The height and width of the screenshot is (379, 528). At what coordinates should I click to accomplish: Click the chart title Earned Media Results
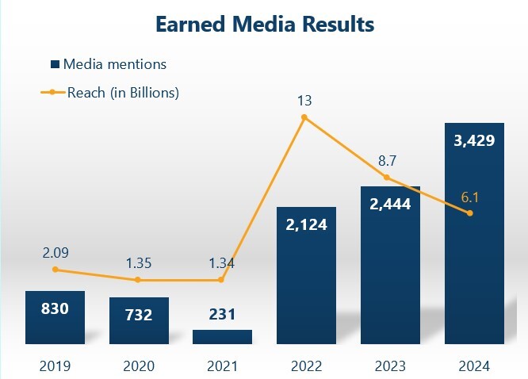coord(264,25)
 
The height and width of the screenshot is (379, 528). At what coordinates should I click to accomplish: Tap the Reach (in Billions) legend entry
coord(110,92)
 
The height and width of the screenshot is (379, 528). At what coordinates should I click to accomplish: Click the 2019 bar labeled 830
coord(55,317)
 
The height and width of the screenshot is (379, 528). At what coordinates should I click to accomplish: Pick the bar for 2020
coord(139,320)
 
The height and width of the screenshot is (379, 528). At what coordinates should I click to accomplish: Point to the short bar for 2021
coord(222,337)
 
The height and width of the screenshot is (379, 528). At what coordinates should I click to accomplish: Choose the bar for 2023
coord(389,265)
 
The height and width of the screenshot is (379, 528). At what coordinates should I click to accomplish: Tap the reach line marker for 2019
coord(55,270)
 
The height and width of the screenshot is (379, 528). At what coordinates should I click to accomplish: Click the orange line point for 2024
coord(470,213)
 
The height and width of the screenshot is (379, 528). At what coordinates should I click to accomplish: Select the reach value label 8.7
coord(387,161)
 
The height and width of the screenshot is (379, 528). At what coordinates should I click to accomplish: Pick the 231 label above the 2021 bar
coord(222,314)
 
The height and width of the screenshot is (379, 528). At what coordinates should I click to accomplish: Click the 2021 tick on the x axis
coord(222,366)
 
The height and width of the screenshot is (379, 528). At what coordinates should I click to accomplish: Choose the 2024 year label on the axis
coord(474,366)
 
